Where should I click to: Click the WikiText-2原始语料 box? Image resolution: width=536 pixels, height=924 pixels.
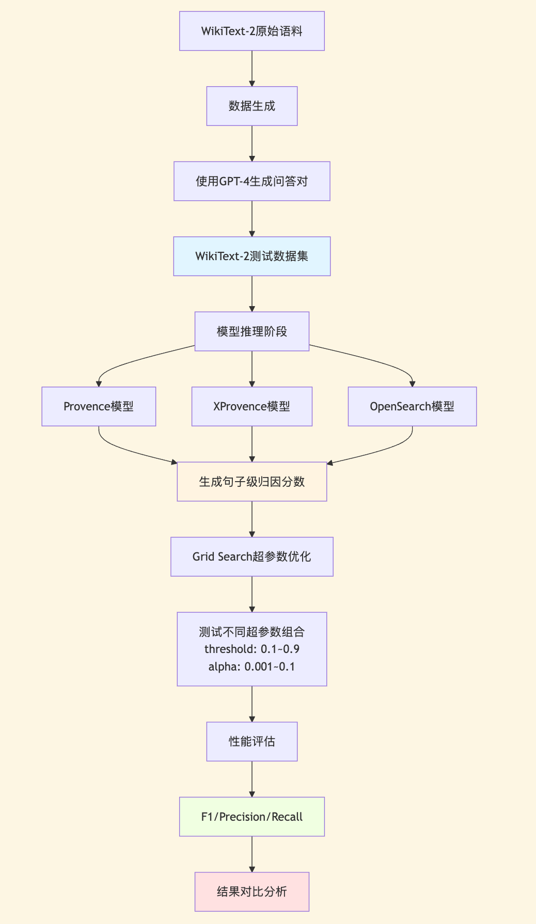click(x=251, y=31)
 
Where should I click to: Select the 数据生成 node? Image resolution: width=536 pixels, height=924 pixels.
click(x=251, y=106)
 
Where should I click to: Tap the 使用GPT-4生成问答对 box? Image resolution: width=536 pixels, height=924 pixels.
click(x=251, y=181)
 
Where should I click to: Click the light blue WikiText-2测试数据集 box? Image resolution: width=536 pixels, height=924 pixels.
click(x=251, y=256)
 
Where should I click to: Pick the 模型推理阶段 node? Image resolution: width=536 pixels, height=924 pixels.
click(x=251, y=331)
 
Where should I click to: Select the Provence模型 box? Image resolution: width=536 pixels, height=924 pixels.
click(x=99, y=406)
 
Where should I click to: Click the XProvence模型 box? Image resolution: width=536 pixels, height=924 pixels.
click(x=251, y=406)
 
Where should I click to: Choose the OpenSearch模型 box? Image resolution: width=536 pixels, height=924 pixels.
click(x=412, y=406)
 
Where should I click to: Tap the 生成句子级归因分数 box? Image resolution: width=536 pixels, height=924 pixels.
click(x=251, y=482)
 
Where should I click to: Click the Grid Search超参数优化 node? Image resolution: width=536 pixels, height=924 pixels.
click(x=251, y=556)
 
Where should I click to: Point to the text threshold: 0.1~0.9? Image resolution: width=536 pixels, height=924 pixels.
click(x=251, y=649)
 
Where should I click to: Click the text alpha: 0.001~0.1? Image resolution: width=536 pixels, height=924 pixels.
click(x=251, y=666)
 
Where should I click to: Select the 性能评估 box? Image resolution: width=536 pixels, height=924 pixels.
click(x=251, y=741)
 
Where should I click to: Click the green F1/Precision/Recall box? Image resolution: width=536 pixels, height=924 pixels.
click(x=251, y=817)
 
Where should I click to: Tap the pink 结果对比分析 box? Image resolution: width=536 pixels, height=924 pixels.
click(x=251, y=891)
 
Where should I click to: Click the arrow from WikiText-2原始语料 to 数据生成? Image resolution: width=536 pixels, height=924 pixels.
click(x=251, y=68)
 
